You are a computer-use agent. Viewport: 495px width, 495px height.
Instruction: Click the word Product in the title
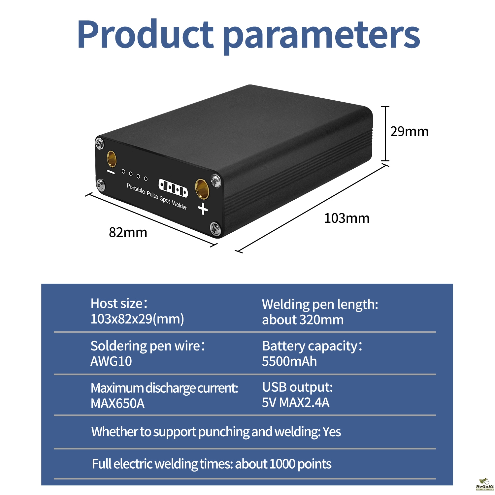146,34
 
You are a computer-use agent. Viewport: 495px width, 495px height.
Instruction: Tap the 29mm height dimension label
409,131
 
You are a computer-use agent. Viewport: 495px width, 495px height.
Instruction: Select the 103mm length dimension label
346,218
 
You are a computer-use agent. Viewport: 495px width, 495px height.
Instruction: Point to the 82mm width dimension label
128,232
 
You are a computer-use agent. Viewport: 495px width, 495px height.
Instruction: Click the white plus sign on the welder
203,209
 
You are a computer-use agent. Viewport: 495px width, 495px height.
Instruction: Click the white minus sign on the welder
111,172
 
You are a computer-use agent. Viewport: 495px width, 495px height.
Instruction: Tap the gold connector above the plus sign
202,189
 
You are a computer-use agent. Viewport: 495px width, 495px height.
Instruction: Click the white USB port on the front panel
173,188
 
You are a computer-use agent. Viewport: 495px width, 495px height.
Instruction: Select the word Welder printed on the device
180,205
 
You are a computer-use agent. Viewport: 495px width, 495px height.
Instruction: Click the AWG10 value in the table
111,361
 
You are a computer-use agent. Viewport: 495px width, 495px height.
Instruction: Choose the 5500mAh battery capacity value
289,361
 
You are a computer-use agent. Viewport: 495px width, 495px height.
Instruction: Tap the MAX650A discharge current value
117,403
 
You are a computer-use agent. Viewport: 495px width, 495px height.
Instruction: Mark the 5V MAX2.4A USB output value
296,403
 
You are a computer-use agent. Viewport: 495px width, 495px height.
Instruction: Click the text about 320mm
303,320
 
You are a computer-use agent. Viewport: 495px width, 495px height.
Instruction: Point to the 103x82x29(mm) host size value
137,319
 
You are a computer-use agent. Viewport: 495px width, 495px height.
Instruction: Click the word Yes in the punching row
332,432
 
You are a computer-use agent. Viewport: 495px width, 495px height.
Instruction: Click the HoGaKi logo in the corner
484,484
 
